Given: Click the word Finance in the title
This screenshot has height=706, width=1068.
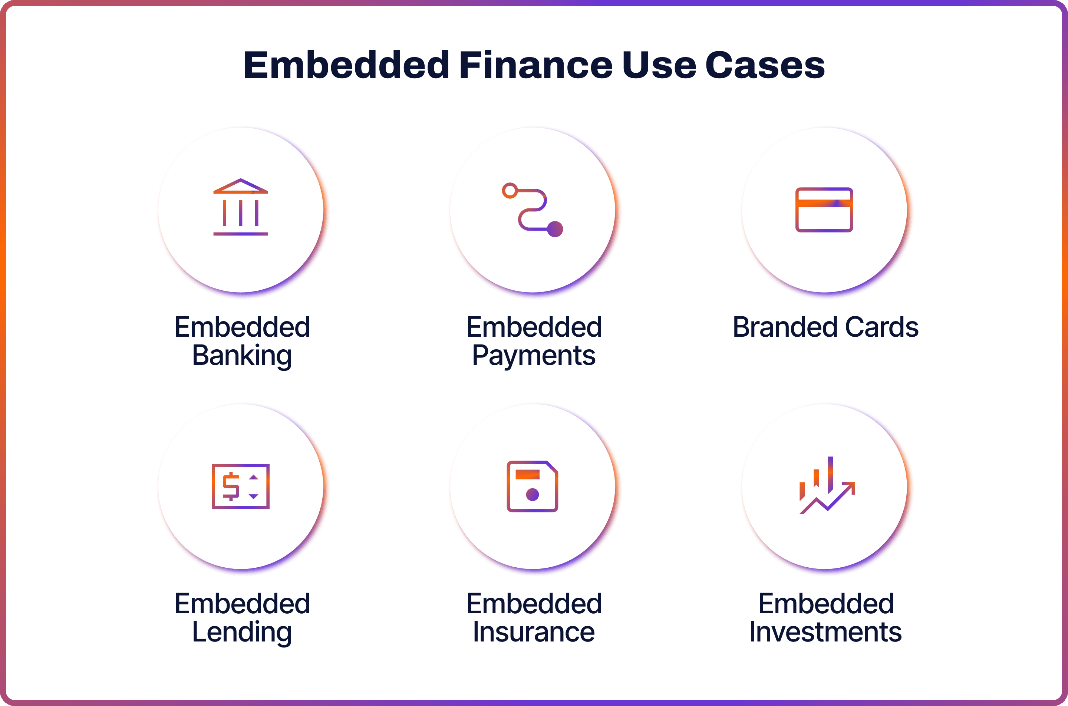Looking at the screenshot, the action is click(x=535, y=65).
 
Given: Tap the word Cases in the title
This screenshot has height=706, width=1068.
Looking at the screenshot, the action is click(x=765, y=65).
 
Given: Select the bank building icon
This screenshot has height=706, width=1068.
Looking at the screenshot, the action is click(x=240, y=207).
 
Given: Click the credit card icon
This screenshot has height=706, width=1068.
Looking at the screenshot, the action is click(x=824, y=210).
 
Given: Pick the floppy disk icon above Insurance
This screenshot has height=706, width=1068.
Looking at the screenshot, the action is click(x=532, y=486).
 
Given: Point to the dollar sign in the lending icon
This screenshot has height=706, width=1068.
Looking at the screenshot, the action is click(x=231, y=486).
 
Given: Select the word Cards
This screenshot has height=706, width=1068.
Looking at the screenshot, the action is click(x=881, y=327).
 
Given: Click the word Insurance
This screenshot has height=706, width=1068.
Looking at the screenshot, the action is click(x=534, y=632).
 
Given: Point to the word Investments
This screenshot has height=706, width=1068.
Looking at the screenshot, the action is click(x=825, y=632).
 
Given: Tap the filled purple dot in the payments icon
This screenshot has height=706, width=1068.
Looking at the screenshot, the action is click(x=555, y=229).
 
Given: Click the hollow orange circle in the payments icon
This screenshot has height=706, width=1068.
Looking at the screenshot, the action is click(x=510, y=191).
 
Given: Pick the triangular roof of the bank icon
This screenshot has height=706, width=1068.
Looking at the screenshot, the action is click(x=240, y=186).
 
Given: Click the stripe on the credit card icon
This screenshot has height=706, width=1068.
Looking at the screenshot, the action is click(x=824, y=203).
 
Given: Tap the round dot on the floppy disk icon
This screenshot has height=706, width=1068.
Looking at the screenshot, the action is click(x=532, y=494).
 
